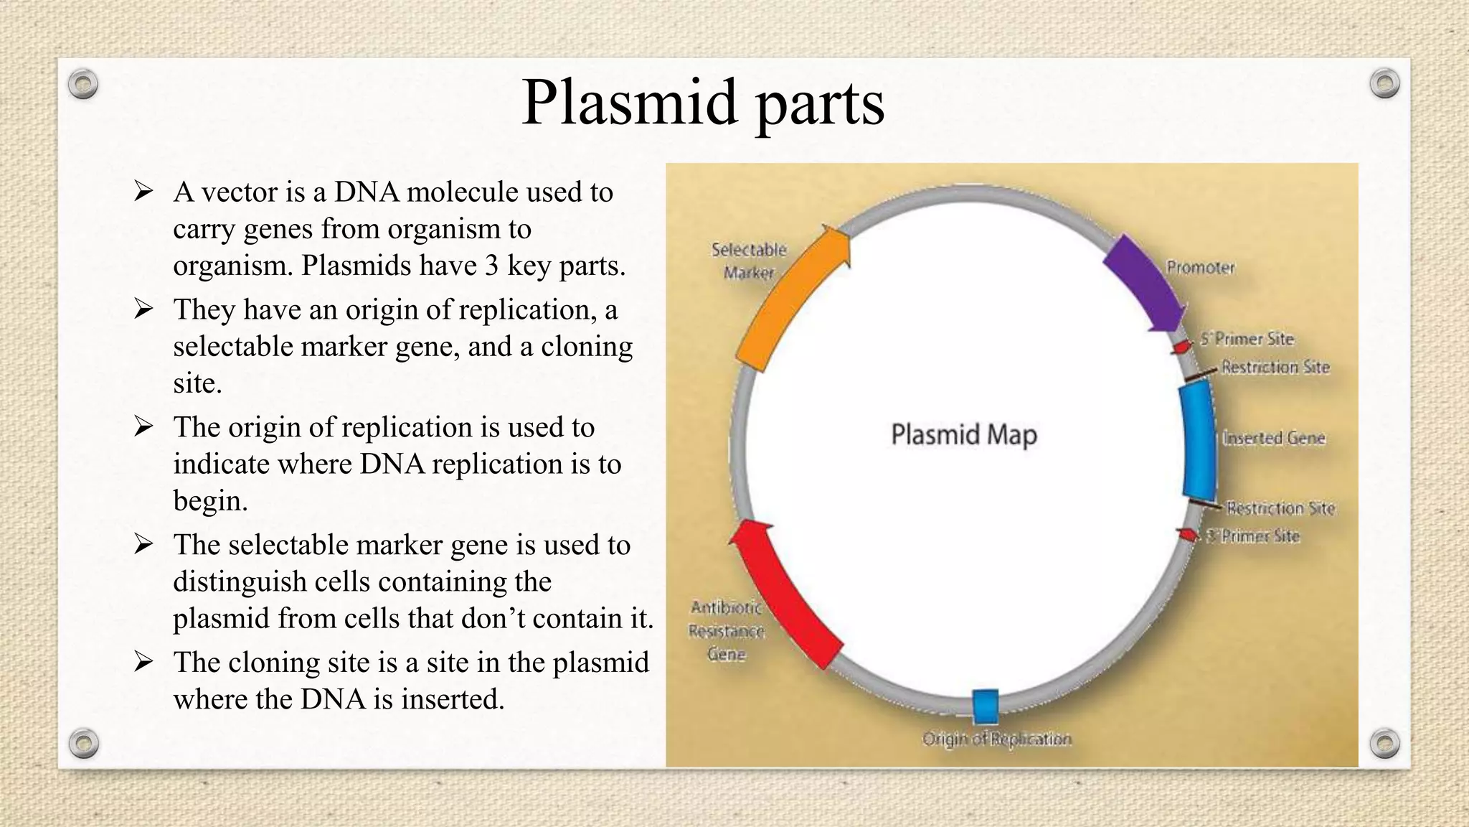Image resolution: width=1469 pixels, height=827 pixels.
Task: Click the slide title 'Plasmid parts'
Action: point(703,103)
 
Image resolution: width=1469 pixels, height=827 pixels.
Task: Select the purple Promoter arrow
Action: point(1145,283)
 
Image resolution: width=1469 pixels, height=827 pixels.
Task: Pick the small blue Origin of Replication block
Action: point(986,706)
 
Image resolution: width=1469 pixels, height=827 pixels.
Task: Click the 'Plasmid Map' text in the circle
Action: point(963,435)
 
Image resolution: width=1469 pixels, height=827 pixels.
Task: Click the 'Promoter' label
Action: point(1200,268)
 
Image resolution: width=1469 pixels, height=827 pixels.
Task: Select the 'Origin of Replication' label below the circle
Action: point(996,739)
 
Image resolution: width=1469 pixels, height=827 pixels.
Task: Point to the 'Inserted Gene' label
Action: point(1273,438)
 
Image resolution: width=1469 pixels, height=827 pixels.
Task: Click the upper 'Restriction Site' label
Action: point(1275,367)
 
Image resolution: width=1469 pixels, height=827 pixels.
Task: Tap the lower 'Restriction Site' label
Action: point(1280,508)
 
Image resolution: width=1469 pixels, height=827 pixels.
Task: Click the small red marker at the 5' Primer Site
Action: point(1181,347)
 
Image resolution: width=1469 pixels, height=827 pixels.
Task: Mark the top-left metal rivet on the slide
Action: point(83,85)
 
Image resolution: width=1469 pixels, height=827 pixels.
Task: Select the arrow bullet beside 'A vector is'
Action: point(143,192)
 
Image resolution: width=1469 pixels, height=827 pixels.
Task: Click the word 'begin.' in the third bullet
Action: point(210,500)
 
